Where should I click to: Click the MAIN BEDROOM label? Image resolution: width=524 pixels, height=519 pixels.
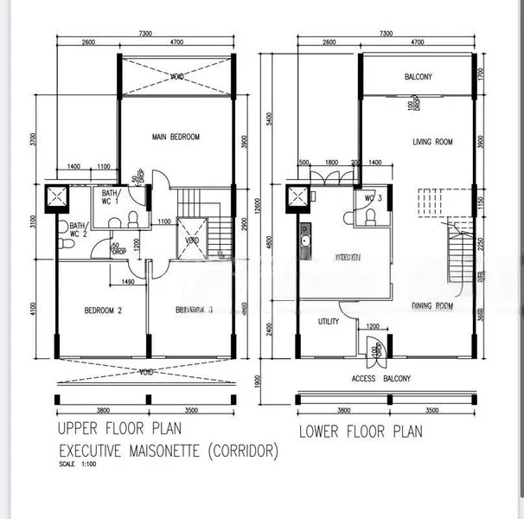(176, 138)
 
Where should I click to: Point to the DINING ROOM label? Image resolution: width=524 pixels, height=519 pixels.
(433, 305)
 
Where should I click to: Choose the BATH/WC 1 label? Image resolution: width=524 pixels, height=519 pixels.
(111, 198)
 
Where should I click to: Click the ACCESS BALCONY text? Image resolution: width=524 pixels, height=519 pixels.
(381, 379)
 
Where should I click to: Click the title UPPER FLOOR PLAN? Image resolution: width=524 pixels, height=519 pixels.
(119, 428)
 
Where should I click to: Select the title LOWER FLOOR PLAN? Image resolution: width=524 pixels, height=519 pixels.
(361, 431)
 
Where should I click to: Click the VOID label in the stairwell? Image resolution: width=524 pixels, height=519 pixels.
(192, 240)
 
